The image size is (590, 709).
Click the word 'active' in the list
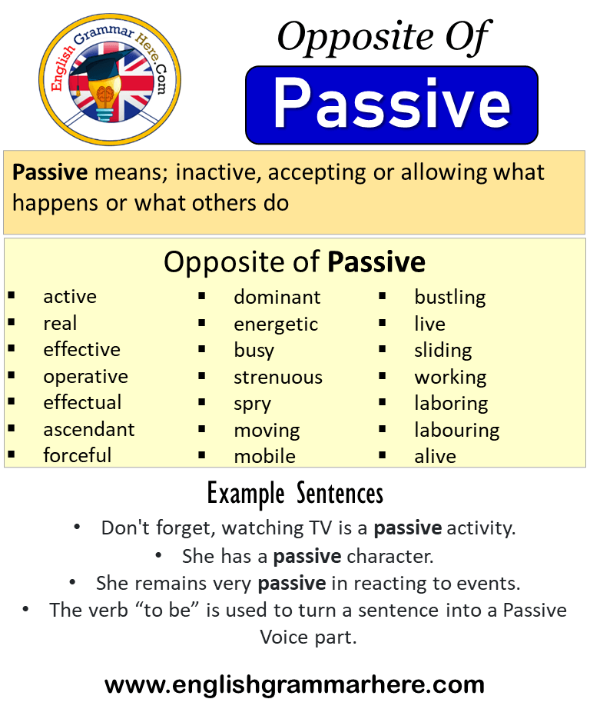70,297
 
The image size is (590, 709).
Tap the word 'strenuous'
278,378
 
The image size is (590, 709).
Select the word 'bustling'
450,298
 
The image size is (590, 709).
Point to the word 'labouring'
457,431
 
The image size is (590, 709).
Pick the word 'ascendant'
89,430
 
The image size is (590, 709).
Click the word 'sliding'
443,351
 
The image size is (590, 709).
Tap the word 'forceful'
78,455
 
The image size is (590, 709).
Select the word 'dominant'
277,298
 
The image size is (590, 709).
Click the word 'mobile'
265,456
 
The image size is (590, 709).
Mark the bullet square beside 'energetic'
202,323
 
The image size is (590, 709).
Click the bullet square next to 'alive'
383,455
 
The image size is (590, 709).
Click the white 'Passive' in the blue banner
392,104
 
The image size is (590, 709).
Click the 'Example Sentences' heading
295,494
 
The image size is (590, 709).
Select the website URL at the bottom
294,685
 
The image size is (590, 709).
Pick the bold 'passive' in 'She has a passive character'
307,557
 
